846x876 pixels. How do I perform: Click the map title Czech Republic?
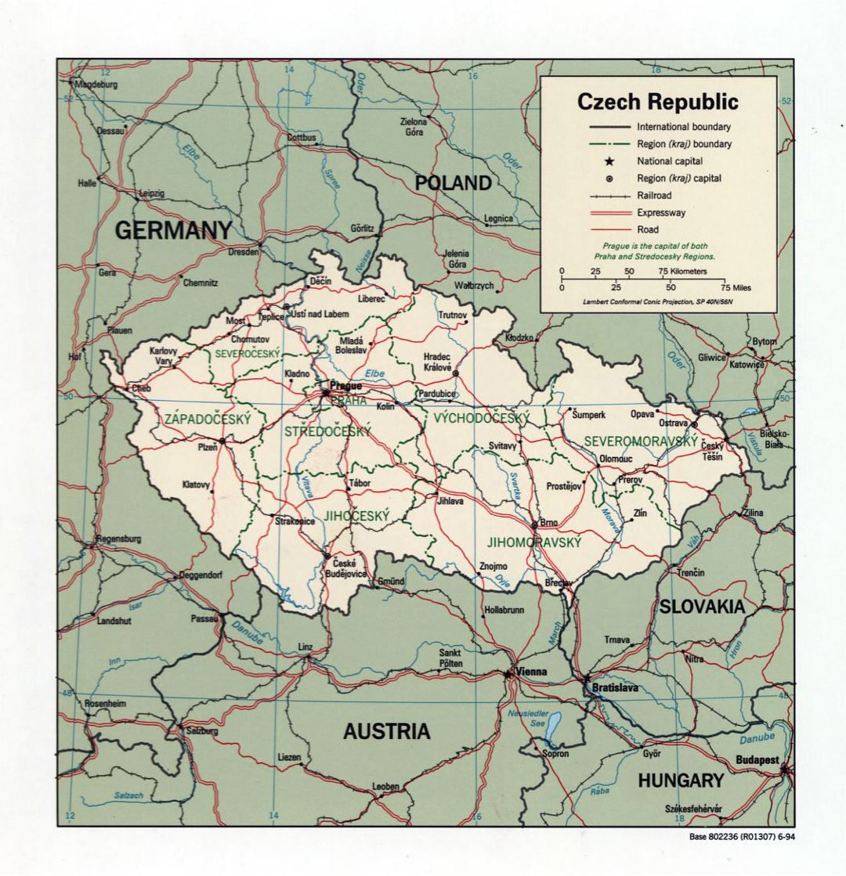coord(657,102)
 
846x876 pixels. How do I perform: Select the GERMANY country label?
coord(174,230)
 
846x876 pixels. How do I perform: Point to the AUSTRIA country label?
coord(386,732)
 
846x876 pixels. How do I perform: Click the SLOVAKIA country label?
coord(701,607)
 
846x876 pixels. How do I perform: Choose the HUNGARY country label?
coord(680,780)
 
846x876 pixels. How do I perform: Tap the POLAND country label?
coord(453,183)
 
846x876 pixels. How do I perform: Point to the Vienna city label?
coord(531,672)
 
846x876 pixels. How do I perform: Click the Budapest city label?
coord(757,759)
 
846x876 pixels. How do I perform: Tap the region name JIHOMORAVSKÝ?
coord(533,542)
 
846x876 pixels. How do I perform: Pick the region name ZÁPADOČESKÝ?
coord(208,420)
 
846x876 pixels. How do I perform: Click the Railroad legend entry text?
coord(654,196)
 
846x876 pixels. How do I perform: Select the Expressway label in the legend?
coord(661,213)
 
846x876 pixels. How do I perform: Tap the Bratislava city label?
coord(615,688)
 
